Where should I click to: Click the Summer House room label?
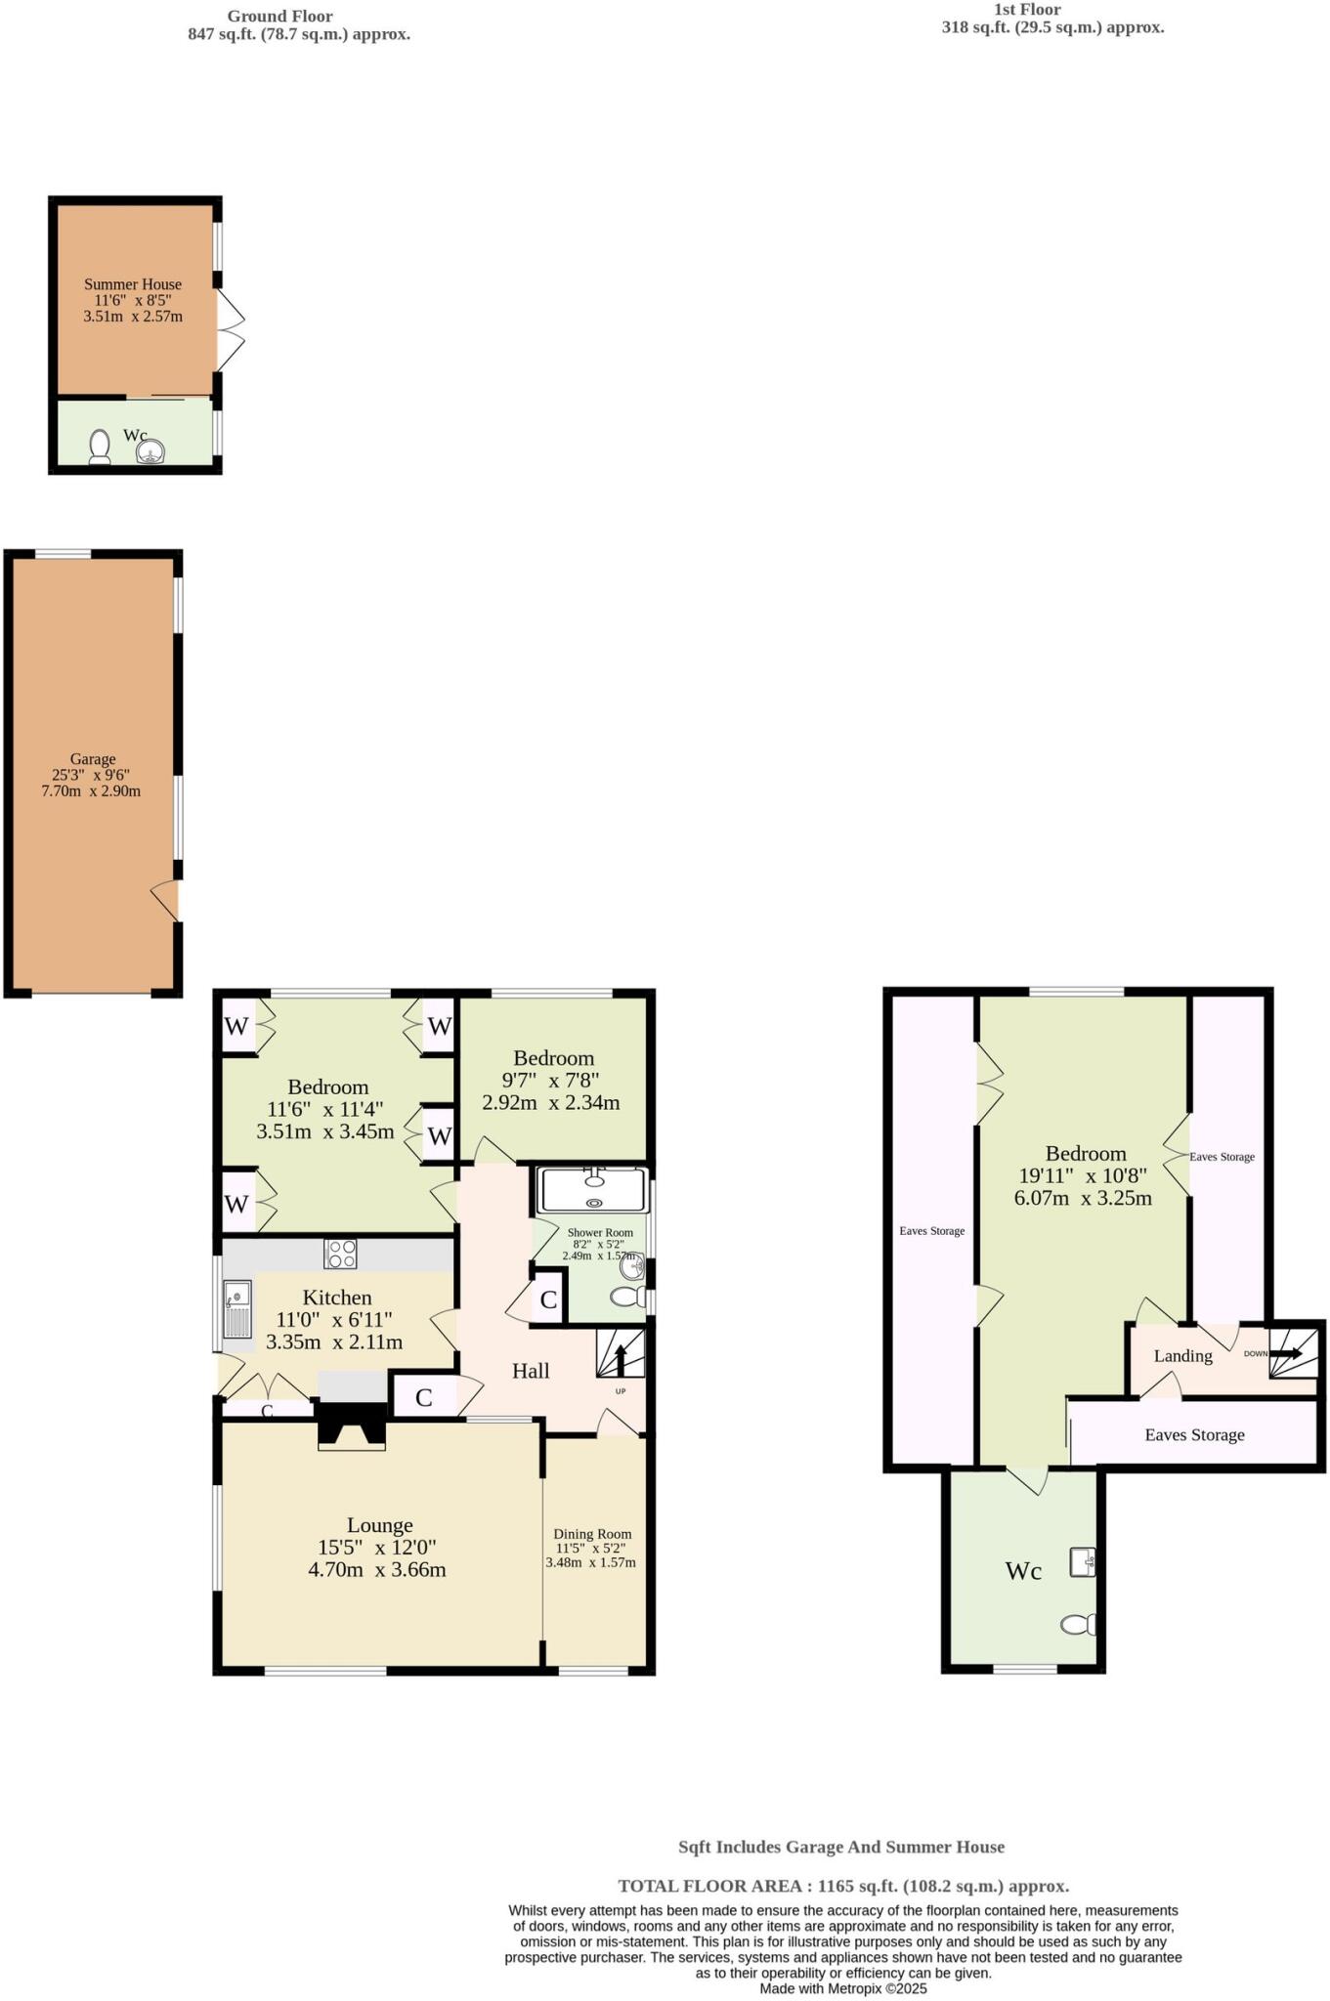pos(133,284)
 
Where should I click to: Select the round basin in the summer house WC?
pos(150,450)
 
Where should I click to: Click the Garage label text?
pos(93,759)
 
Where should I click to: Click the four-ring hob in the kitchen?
pos(341,1254)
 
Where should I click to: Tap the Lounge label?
pos(380,1525)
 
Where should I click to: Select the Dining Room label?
pos(592,1534)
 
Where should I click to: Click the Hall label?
pos(531,1371)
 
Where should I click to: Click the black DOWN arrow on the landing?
pos(1286,1354)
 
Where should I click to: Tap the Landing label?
pos(1182,1356)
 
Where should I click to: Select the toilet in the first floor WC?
pos(1077,1625)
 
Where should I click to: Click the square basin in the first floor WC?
pos(1082,1562)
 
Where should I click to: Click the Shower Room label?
pos(600,1233)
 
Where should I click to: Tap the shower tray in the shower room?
pos(593,1191)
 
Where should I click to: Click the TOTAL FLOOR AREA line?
pos(843,1887)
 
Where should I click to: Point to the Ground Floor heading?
pos(279,17)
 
